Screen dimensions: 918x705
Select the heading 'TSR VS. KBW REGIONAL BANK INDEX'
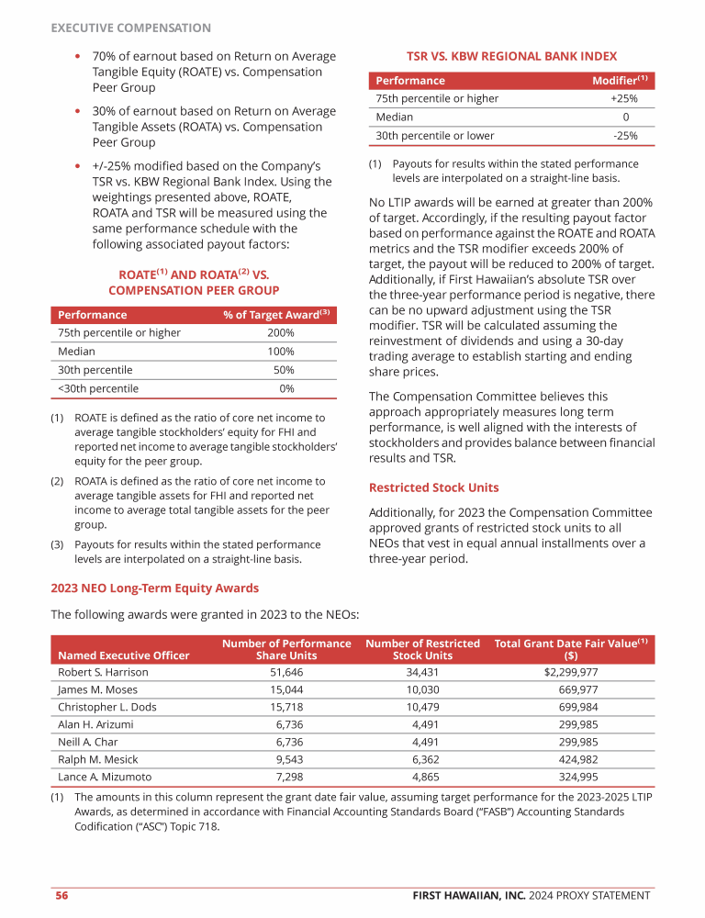tap(511, 56)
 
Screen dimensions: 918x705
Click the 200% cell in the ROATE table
tap(280, 332)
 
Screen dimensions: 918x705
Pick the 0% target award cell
tap(286, 388)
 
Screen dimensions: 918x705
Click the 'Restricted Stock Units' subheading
tap(433, 487)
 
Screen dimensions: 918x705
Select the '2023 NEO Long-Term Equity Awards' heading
tap(154, 588)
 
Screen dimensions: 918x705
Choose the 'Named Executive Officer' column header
tap(123, 655)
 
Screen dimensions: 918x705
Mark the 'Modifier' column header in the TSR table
tap(617, 81)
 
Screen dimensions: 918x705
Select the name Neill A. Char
tap(87, 742)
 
